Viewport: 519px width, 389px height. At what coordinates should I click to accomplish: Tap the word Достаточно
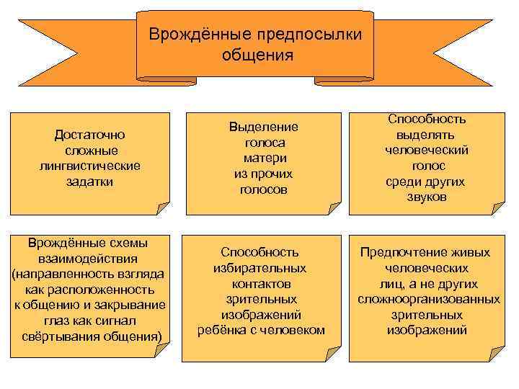coord(90,134)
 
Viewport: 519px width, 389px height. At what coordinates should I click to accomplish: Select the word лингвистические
coord(90,166)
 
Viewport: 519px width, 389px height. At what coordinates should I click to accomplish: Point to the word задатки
coord(90,182)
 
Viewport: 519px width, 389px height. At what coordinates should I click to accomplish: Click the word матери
coord(264,158)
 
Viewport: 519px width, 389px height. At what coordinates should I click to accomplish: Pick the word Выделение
coord(264,126)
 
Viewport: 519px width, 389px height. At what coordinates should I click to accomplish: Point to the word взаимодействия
coord(90,258)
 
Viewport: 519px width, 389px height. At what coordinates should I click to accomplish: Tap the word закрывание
coord(128,305)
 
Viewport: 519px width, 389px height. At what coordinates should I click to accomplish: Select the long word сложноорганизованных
coord(428,299)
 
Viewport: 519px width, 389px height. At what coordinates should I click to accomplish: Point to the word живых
coord(473,252)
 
